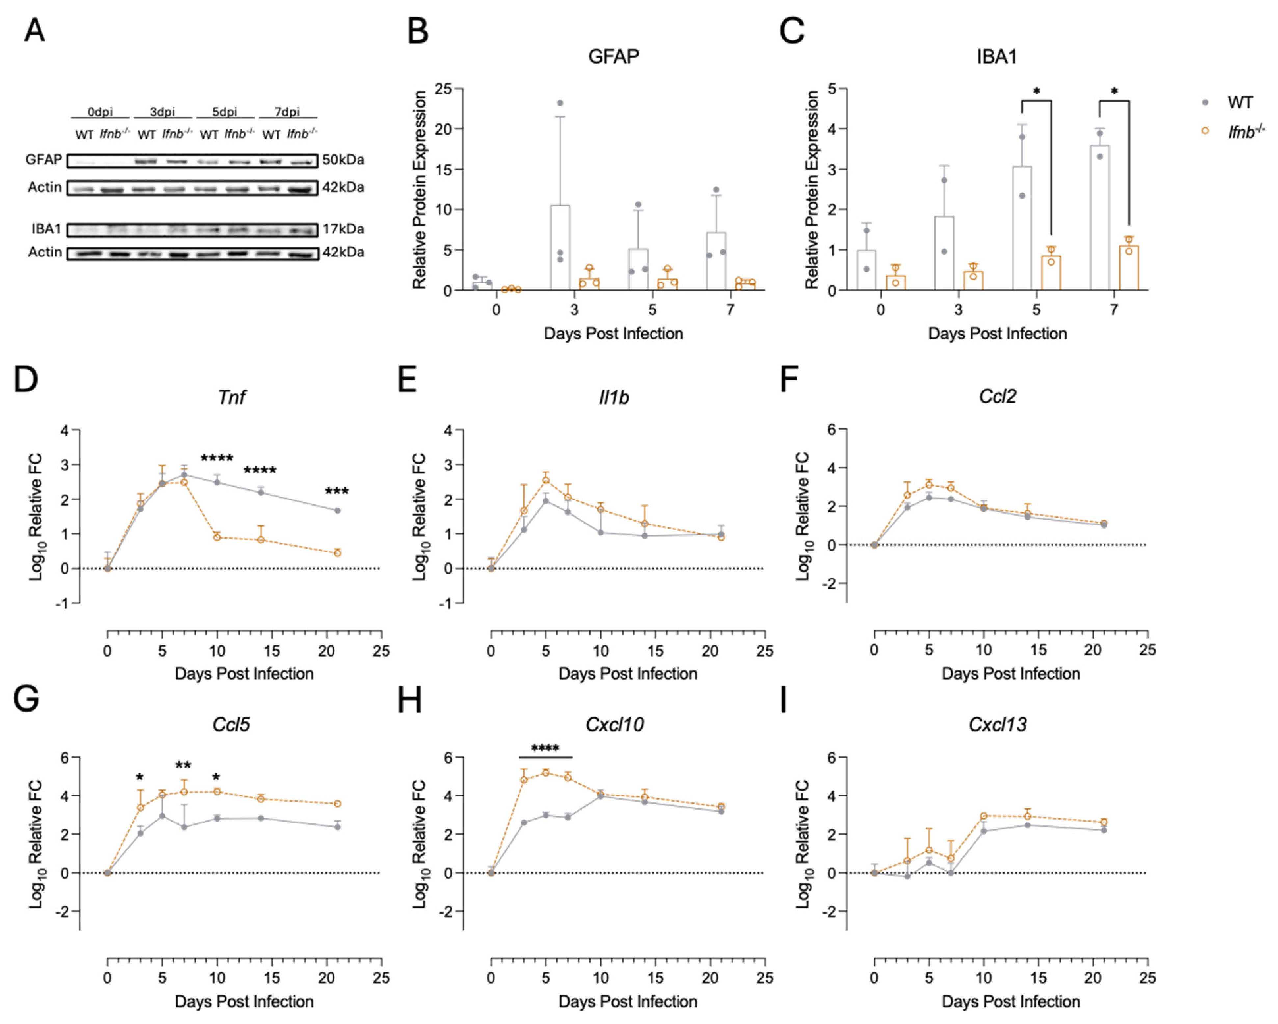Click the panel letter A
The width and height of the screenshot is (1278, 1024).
(34, 31)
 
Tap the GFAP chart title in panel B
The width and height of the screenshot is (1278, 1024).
(614, 56)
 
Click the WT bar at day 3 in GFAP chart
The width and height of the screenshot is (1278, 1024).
(560, 248)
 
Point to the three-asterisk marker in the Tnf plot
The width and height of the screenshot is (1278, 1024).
(337, 492)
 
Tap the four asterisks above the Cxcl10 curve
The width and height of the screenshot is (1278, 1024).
(546, 749)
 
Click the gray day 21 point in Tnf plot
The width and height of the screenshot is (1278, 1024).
(337, 510)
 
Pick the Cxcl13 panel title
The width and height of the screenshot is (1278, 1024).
(998, 725)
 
